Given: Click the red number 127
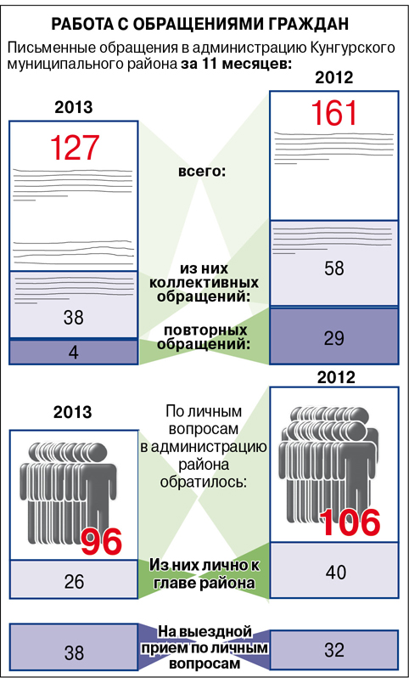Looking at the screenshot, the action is coord(75,148).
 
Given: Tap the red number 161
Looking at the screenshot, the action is coord(333,113).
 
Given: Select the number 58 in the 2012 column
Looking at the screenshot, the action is coord(333,268).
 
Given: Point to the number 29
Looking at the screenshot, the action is coord(333,338).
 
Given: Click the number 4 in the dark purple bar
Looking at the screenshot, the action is coord(74,353).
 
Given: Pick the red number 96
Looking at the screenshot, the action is coord(101,542).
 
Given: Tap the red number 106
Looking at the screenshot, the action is coord(350,522).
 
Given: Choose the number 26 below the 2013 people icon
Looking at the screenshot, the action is coord(74,582).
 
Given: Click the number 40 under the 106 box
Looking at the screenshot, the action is coord(335,573).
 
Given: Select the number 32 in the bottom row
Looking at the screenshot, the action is coord(334,651).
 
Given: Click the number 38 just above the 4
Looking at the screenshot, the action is coord(73,318).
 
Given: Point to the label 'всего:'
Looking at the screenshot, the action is coord(202,172).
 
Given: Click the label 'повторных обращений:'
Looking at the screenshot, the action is coord(203,337).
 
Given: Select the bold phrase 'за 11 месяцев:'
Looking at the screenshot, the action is coord(236,64).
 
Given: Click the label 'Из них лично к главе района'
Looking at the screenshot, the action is coord(204,574).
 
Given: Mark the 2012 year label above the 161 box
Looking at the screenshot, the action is coord(333,77).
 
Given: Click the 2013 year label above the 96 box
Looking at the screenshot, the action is coord(73,412).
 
